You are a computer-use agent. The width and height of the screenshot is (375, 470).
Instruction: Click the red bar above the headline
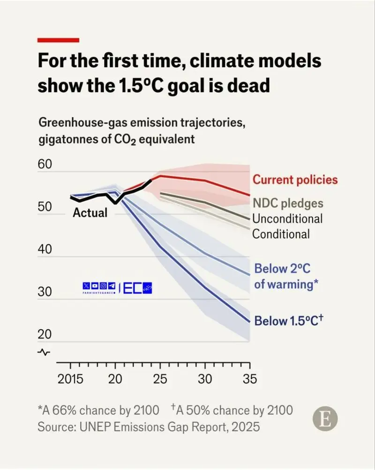58,40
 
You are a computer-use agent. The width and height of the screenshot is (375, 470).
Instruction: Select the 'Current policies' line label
295,180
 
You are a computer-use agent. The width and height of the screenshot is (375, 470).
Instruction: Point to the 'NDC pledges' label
288,203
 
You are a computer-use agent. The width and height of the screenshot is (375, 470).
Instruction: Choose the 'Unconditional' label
287,218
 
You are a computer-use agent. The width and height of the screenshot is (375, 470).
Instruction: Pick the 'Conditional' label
281,233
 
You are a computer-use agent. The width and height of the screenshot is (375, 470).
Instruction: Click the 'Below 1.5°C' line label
289,321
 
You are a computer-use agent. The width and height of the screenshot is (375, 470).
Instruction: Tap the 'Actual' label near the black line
90,213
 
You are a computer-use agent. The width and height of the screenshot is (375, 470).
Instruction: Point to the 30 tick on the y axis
46,293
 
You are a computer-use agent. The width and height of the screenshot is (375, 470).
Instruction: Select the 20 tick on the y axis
46,335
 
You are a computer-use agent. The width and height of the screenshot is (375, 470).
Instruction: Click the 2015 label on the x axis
70,379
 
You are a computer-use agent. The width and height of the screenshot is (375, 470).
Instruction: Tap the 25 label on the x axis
160,379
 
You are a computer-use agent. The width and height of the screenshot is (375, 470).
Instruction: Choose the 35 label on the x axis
250,379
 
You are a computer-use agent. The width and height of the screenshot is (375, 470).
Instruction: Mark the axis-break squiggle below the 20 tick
45,352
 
